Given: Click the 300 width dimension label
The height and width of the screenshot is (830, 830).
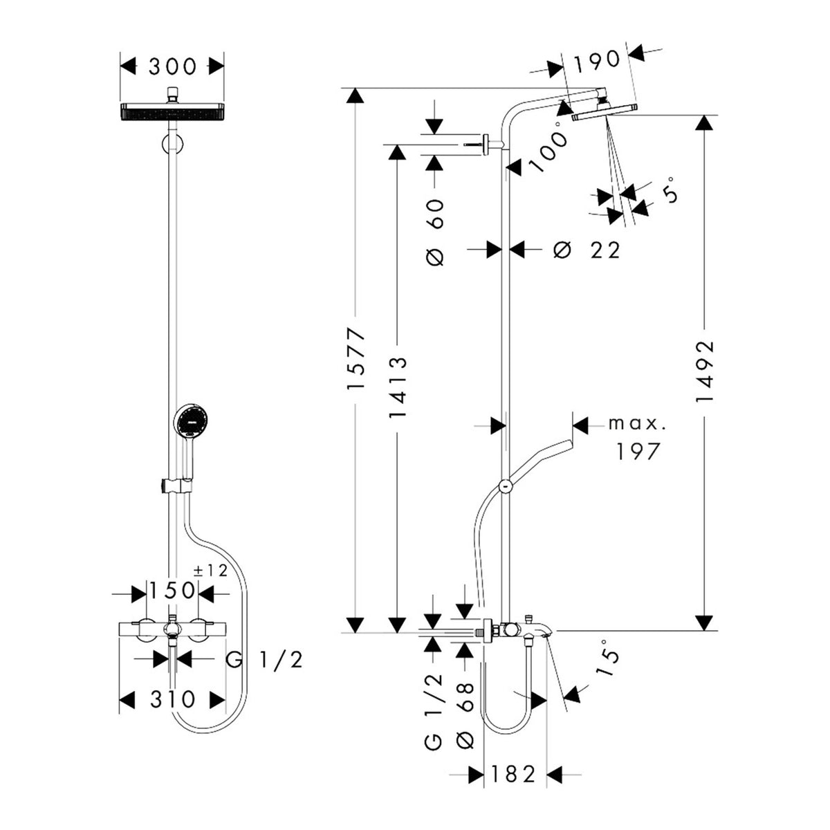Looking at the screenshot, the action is [172, 66].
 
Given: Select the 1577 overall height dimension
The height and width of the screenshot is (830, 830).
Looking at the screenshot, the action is [356, 358].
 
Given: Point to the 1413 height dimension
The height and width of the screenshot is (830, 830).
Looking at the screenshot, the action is [398, 387].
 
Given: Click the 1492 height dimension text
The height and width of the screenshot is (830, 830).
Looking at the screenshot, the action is [705, 371].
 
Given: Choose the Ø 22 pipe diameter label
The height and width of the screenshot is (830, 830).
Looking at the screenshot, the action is [587, 250].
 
